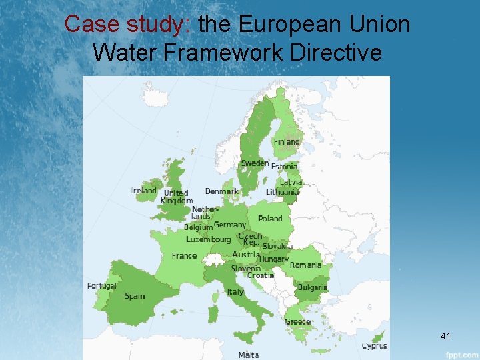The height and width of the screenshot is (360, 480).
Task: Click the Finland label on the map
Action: point(287,142)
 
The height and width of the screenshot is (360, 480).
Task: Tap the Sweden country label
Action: point(255,163)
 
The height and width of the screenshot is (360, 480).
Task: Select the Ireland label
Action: point(144,191)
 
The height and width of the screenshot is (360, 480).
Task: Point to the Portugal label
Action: point(101,286)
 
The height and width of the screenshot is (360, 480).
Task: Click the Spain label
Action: point(134,296)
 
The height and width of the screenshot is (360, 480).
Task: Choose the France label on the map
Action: point(184,255)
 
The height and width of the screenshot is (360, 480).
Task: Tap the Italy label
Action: point(235,292)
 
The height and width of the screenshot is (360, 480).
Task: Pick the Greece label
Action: point(297,321)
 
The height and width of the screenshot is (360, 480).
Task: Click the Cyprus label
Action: point(374,346)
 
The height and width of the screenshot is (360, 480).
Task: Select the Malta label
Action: point(249,355)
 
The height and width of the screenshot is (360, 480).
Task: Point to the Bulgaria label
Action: point(312,288)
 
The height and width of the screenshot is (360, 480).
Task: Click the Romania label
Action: point(305,265)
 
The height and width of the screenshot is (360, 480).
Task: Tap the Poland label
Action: point(270,219)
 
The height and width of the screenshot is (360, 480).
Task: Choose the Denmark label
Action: point(221,191)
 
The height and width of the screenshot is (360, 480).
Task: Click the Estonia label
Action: point(284,167)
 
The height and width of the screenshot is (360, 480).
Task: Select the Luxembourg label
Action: point(208,239)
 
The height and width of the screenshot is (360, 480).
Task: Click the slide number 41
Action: point(445,337)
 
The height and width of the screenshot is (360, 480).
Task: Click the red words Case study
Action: point(127,24)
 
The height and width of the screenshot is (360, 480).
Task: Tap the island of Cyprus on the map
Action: point(378,337)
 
